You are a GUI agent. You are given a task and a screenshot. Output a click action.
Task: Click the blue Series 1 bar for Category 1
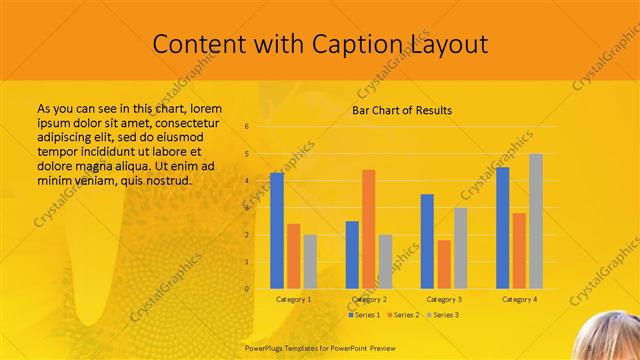tap(277, 231)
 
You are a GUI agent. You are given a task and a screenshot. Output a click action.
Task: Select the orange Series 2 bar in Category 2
tap(368, 229)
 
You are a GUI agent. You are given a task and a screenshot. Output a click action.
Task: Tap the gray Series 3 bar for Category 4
tap(536, 221)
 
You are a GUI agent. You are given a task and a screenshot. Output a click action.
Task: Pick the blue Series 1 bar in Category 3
tap(427, 241)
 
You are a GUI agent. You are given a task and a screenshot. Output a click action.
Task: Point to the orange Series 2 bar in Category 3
tap(444, 264)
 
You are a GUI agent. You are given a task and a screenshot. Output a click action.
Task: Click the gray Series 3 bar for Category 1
tap(310, 262)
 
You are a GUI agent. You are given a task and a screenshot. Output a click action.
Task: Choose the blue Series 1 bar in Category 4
tap(502, 228)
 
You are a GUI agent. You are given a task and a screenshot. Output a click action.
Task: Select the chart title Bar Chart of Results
tap(402, 110)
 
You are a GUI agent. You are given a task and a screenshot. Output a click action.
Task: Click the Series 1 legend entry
tap(364, 315)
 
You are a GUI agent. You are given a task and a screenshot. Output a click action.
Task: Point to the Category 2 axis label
tap(368, 299)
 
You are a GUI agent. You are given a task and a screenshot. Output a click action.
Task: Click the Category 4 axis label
tap(519, 299)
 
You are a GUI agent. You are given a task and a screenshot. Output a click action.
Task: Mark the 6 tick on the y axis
tap(248, 127)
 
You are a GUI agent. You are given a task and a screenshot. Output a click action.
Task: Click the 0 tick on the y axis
tap(248, 289)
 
